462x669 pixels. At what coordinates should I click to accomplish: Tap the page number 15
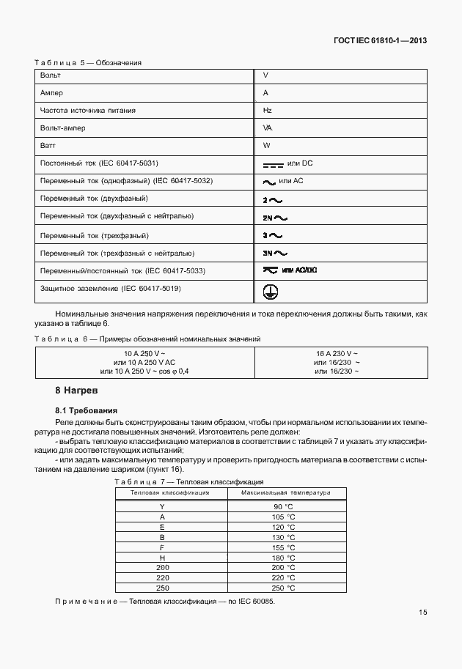coord(423,613)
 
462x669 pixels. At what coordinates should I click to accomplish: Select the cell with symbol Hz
coord(267,110)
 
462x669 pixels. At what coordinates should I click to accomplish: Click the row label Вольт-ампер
coord(63,127)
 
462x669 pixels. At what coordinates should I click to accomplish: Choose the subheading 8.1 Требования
coord(87,410)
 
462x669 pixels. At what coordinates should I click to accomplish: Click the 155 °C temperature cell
coord(284,547)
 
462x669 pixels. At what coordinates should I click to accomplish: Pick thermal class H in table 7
coord(161,558)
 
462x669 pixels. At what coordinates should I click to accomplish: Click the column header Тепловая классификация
coord(170,493)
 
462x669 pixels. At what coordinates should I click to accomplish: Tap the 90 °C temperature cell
coord(284,507)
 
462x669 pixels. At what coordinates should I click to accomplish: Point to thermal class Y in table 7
coord(161,507)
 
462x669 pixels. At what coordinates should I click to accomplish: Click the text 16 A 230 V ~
coord(337,353)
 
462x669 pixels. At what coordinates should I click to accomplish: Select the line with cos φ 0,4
coord(145,372)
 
